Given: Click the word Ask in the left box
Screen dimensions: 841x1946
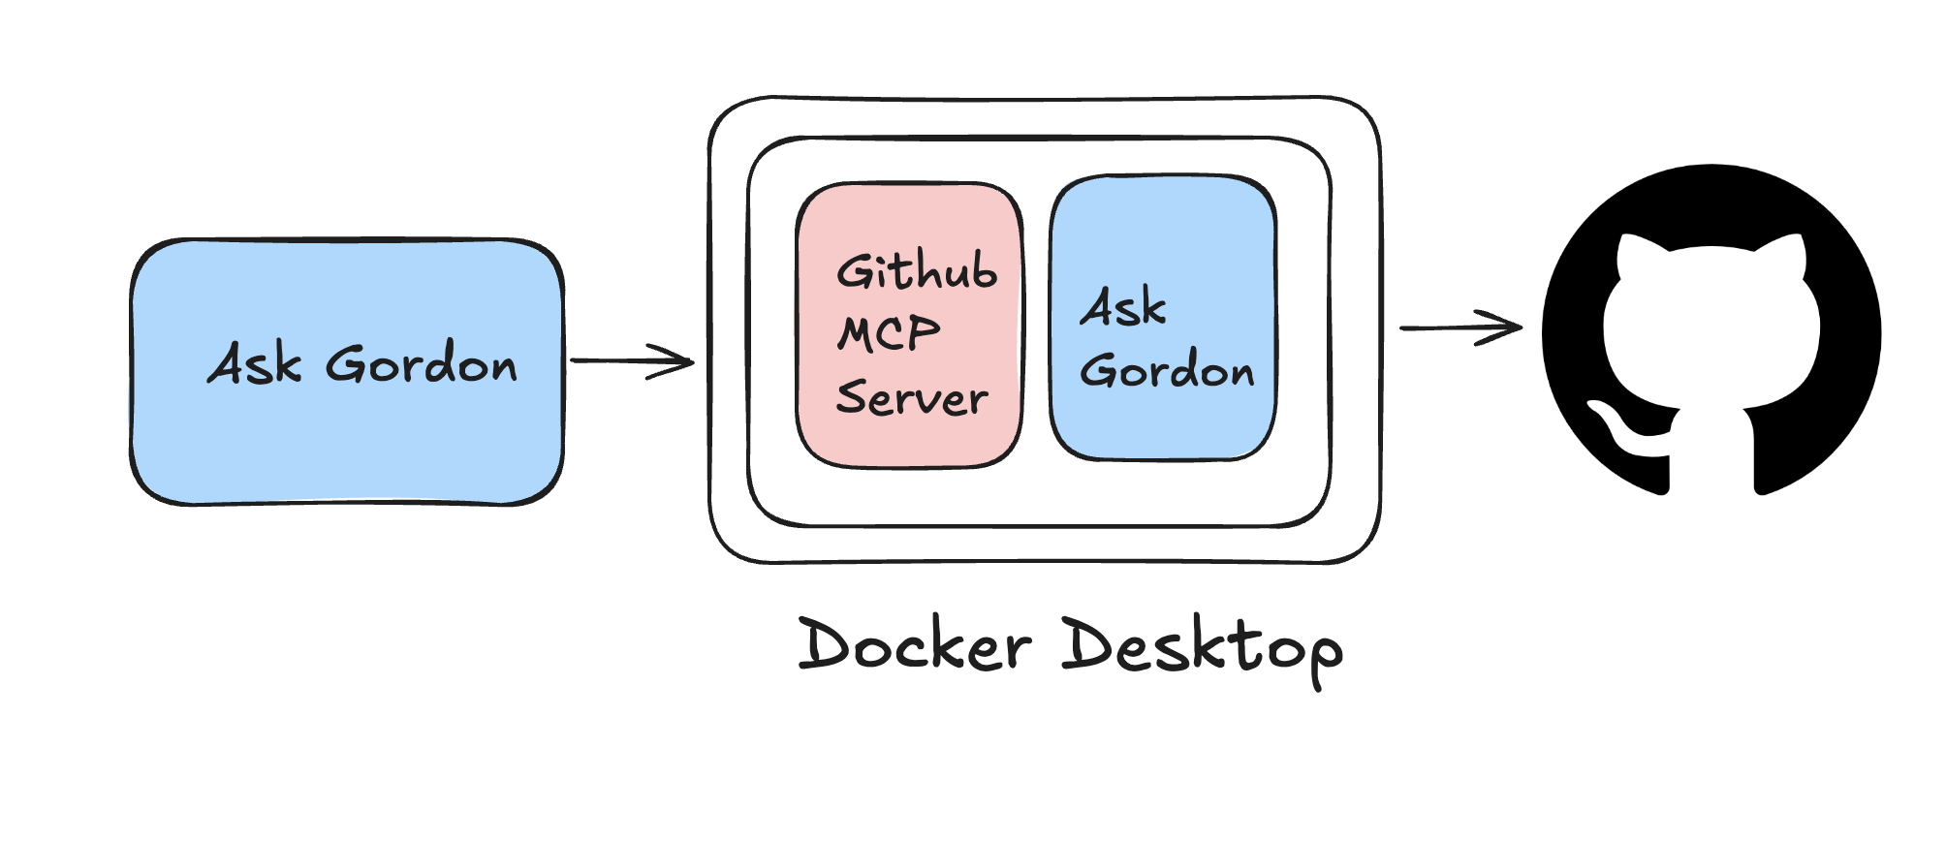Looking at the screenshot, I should (254, 364).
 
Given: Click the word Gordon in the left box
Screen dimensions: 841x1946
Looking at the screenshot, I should (421, 364).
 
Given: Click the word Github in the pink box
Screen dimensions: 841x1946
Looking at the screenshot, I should (916, 271).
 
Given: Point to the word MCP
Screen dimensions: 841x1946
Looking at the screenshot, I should (889, 334).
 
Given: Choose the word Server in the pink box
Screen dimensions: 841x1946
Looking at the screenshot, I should (911, 397).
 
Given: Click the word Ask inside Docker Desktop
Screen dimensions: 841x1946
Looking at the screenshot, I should (1123, 307).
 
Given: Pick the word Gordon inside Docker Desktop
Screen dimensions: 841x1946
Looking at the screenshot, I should (1167, 370).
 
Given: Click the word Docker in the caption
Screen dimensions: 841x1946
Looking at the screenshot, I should (914, 645).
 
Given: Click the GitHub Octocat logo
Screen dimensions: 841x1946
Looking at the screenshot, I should (1711, 329).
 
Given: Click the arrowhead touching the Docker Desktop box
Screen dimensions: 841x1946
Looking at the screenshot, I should (678, 361).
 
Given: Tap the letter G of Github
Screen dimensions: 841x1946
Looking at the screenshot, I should (856, 271).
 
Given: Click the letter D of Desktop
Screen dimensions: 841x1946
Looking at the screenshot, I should (1086, 643).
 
